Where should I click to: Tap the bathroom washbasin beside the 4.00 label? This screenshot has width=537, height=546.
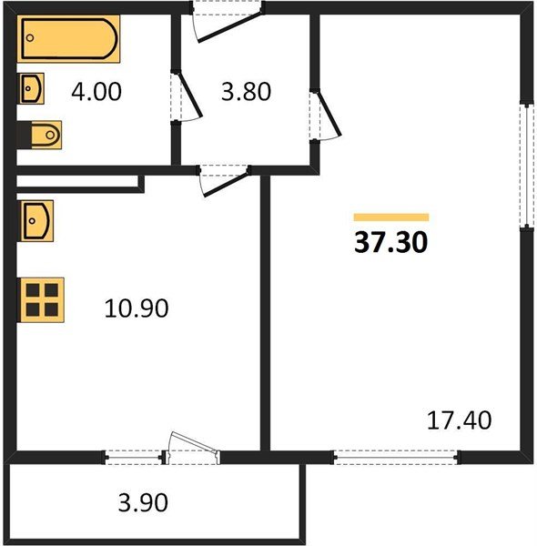point(31,89)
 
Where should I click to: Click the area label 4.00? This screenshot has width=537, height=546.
point(99,92)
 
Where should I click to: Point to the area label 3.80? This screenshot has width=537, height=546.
point(246,92)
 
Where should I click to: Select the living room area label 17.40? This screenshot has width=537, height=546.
point(460,420)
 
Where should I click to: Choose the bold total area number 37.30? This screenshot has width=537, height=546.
point(390,243)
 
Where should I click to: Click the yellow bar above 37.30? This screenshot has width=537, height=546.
point(390,217)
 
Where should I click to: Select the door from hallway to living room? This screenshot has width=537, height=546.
point(324,115)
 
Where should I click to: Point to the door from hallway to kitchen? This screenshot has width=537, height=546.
point(224,177)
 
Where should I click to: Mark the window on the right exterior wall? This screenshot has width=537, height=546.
point(527,164)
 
